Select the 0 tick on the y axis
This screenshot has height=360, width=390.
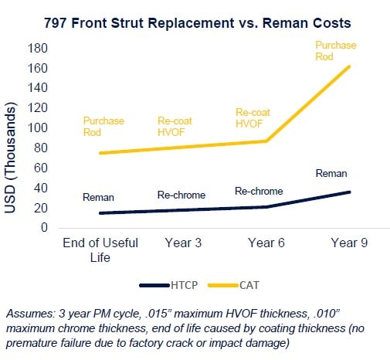tap(44, 229)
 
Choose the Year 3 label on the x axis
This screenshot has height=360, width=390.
tap(184, 243)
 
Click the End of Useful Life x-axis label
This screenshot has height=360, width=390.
tap(100, 250)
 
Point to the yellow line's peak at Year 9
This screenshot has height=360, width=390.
tap(349, 66)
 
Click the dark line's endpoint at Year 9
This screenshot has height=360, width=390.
tap(349, 192)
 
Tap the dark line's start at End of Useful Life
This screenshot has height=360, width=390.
tap(100, 213)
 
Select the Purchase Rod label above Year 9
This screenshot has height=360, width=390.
tap(335, 51)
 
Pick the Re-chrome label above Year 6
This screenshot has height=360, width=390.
tap(259, 192)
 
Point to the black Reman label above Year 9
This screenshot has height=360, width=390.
tap(331, 174)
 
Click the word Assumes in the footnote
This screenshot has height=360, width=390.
tap(27, 314)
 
